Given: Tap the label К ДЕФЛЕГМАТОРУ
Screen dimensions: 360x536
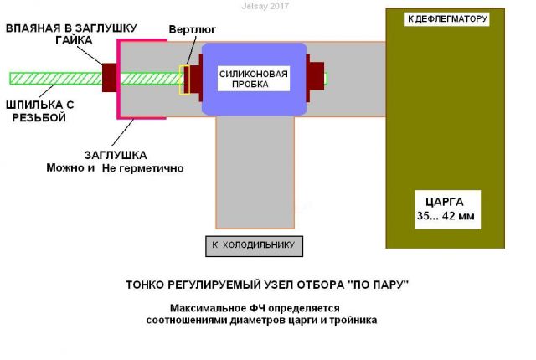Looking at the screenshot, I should click(x=445, y=18).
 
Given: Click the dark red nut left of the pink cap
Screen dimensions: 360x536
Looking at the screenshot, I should click(x=109, y=77).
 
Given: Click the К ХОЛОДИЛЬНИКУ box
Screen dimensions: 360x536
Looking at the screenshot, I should click(x=254, y=245).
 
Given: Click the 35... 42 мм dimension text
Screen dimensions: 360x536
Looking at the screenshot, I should click(x=444, y=218).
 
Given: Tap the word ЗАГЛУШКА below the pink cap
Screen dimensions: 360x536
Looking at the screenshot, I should click(x=115, y=155).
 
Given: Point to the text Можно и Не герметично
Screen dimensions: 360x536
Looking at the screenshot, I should click(x=115, y=168).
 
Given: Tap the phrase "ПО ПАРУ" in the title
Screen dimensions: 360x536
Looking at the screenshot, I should click(x=377, y=285).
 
